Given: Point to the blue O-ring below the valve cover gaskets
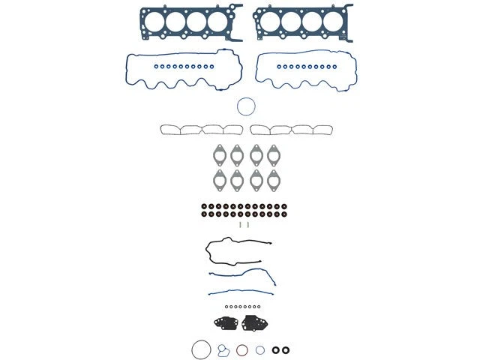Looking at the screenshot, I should (247, 106).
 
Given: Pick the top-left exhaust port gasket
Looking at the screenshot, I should (218, 154).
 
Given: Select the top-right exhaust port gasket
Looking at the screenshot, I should (273, 154).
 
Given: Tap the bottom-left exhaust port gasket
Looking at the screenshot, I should (218, 179).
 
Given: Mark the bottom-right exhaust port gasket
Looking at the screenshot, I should (273, 179).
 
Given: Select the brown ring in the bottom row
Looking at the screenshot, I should (242, 349).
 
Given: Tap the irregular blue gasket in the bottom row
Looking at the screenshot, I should (223, 351).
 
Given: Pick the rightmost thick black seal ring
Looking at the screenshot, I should (285, 349).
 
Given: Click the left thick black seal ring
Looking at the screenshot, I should (275, 349).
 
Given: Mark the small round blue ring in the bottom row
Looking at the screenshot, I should (259, 349).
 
